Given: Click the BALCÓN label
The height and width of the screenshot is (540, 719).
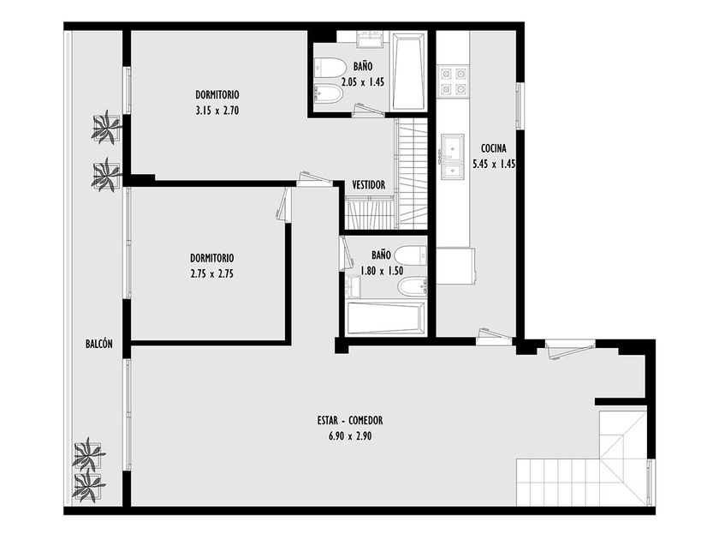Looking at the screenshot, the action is click(99, 344).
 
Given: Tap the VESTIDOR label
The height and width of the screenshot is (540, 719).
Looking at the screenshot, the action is click(369, 185).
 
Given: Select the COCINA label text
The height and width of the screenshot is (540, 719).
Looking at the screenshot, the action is click(494, 148).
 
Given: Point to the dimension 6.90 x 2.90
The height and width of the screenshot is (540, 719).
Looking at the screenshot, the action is click(350, 436).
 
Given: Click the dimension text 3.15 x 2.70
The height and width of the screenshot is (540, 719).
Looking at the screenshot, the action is click(217, 111).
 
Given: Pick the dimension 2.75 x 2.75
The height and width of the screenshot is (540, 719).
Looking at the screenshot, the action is click(212, 274).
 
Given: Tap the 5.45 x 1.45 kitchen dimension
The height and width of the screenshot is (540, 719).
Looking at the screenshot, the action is click(495, 164).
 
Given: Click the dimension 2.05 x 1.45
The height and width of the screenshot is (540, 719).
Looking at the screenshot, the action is click(363, 82).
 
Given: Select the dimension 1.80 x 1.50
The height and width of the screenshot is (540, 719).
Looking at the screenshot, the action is click(382, 271).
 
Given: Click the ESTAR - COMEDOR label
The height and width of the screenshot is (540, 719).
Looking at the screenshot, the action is click(350, 420).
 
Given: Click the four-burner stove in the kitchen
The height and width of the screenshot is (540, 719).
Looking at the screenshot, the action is click(453, 81).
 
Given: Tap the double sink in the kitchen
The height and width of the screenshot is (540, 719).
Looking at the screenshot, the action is click(453, 157).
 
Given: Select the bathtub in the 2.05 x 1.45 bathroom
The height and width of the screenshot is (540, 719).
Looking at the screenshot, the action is click(409, 71).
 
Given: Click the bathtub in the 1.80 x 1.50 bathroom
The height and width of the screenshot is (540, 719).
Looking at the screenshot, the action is click(386, 318).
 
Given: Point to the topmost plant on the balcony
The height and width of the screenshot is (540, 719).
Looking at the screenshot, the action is click(106, 127).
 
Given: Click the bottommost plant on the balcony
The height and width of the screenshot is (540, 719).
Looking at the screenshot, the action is click(88, 486).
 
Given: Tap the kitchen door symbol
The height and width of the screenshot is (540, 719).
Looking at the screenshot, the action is click(494, 337).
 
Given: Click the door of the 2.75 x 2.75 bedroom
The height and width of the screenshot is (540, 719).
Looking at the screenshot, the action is click(285, 205).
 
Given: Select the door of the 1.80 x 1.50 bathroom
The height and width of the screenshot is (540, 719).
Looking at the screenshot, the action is click(344, 254).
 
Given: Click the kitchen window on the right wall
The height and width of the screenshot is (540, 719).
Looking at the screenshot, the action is click(520, 106).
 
